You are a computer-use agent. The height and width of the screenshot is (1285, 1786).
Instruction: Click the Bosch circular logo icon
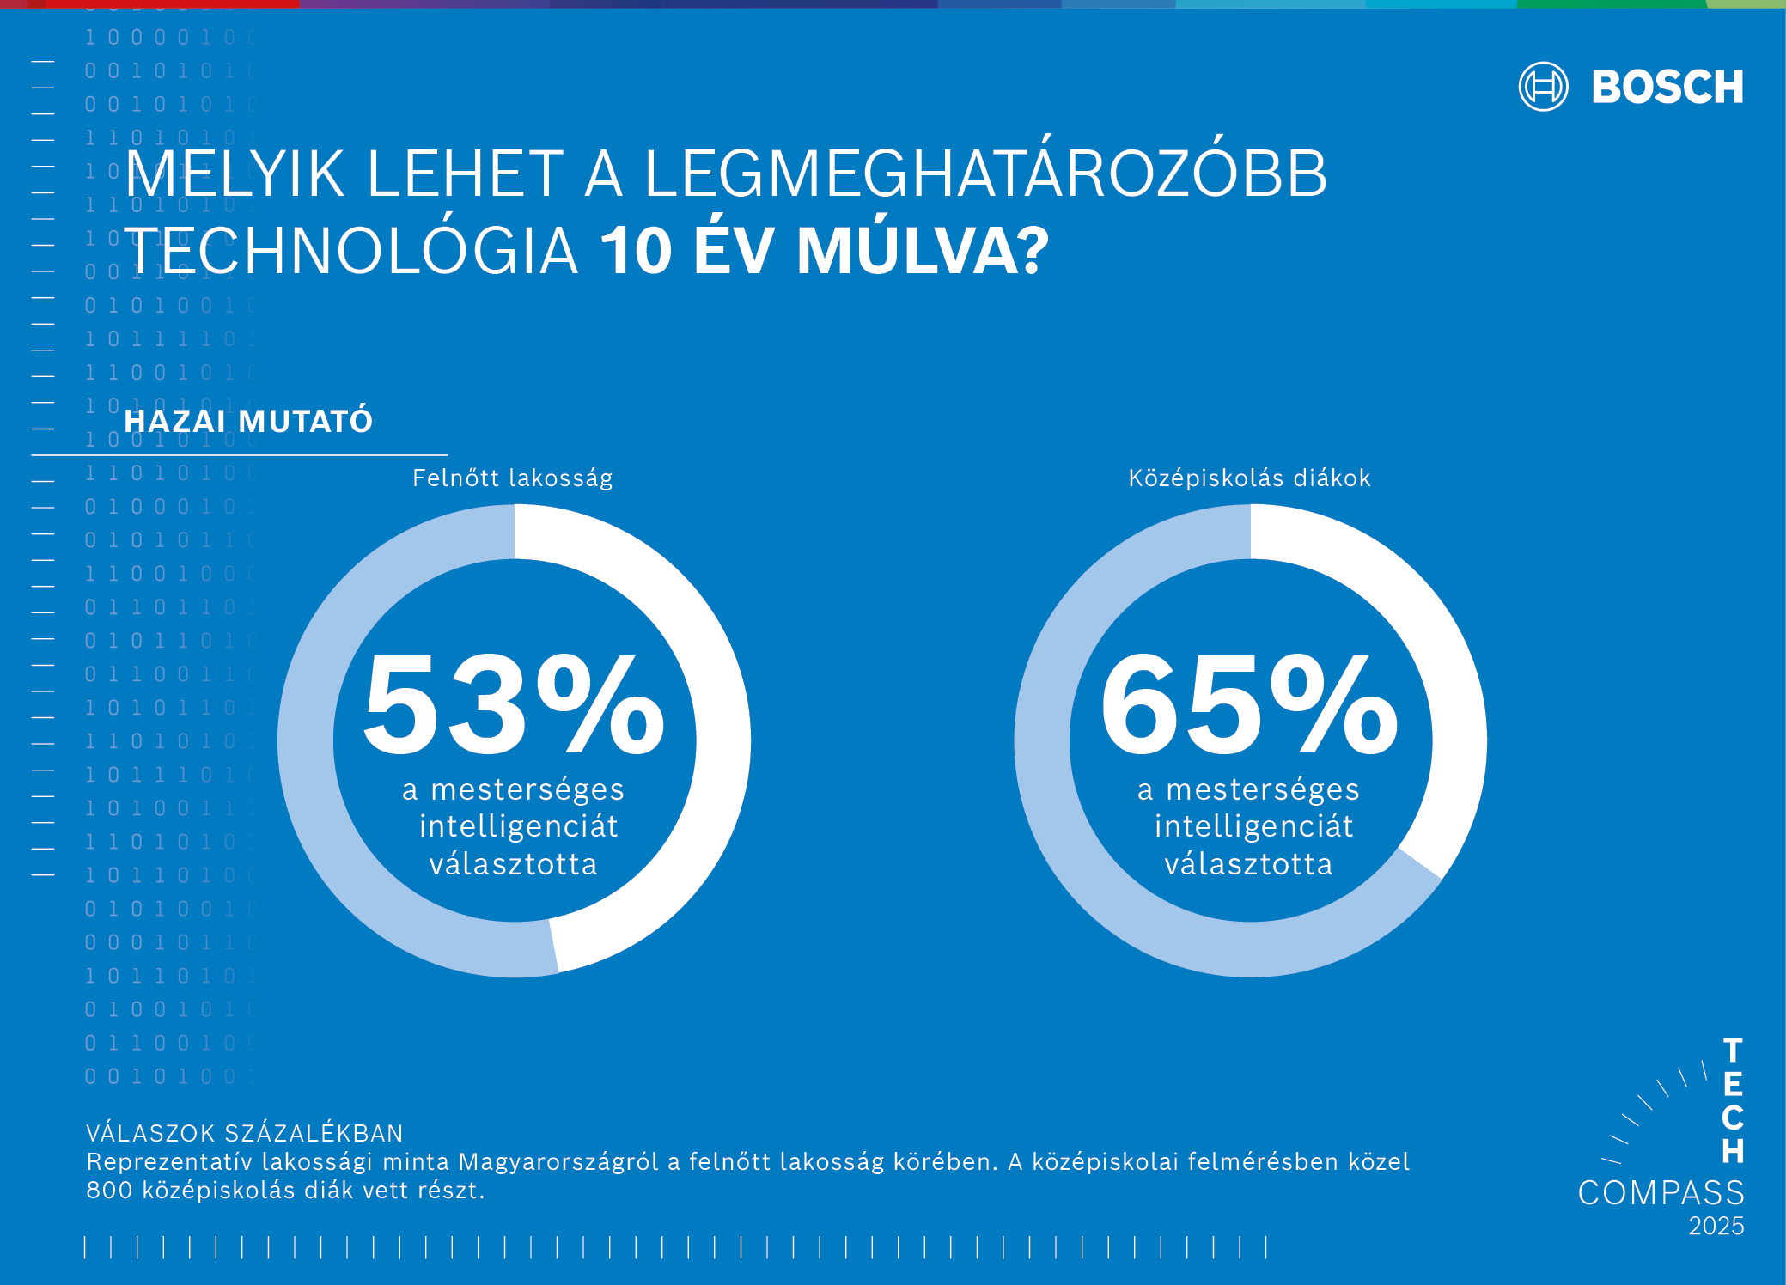coord(1543,87)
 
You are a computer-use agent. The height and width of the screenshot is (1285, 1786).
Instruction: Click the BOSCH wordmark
coord(1667,88)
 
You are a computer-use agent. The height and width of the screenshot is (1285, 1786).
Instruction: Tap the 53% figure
coord(513,704)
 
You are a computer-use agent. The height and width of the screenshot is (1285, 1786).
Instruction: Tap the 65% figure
coord(1249,704)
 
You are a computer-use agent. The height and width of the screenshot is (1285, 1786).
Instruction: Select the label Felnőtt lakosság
coord(512,478)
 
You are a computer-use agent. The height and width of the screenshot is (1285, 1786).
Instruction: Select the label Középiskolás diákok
coord(1249,478)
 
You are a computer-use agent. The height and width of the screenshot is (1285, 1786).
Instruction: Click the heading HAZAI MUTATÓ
coord(248,422)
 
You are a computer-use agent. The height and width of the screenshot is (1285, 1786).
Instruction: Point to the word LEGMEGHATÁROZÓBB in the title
coord(985,174)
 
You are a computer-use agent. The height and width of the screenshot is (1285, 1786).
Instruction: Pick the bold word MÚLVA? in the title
coord(923,252)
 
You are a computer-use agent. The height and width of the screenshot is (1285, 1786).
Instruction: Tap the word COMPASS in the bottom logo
coord(1661,1193)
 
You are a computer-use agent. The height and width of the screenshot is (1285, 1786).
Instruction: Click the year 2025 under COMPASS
coord(1716,1227)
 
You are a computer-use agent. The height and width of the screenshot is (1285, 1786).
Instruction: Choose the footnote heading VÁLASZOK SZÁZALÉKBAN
coord(245,1134)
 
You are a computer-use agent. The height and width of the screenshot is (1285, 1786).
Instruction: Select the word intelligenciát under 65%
coord(1253,826)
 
